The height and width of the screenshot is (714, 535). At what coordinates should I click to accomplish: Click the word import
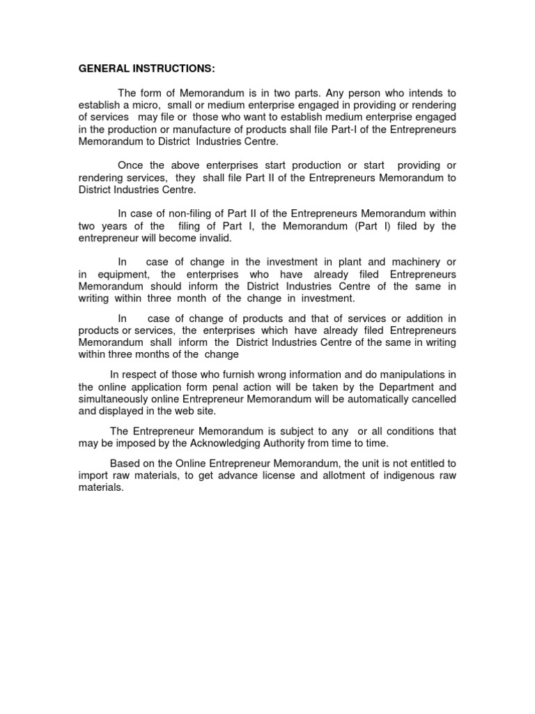click(x=93, y=476)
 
